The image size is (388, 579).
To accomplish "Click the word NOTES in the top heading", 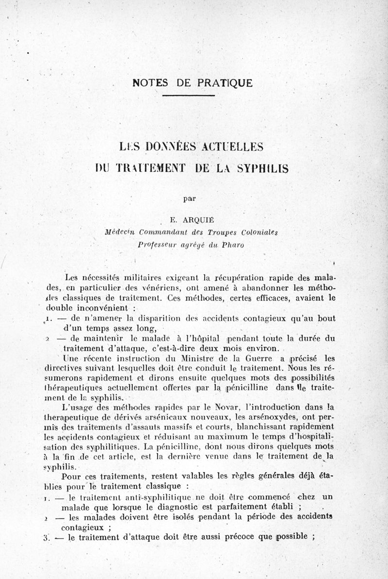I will [x=149, y=82].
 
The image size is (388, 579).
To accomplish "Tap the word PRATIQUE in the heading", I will [x=225, y=82].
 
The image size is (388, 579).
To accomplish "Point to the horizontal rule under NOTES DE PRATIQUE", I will [x=188, y=95].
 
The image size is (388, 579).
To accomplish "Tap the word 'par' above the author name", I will [x=189, y=198].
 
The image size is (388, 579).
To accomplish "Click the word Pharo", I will [x=233, y=245].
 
